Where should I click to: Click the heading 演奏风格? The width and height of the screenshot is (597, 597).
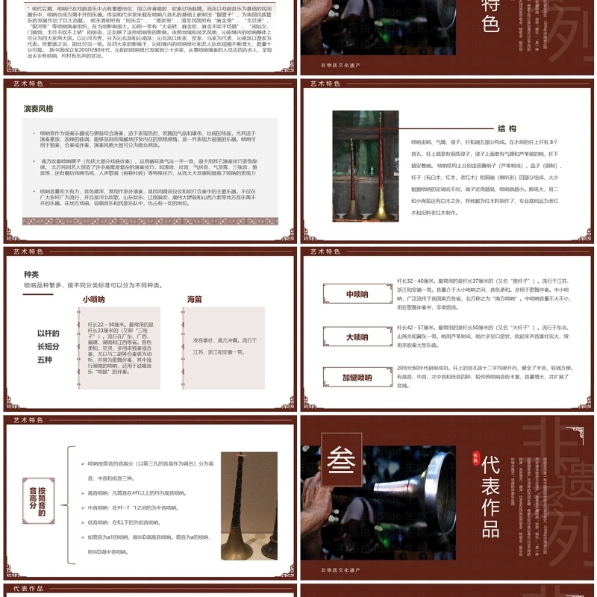click(39, 108)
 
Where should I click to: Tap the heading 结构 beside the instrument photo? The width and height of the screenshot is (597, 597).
click(507, 128)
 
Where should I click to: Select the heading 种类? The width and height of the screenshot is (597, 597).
click(31, 274)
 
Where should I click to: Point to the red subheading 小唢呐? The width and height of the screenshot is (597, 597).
click(93, 299)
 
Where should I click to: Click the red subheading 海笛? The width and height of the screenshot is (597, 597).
click(194, 299)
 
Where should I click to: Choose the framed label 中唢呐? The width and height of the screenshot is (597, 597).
click(357, 294)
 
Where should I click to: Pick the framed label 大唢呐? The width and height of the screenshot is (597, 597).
click(357, 337)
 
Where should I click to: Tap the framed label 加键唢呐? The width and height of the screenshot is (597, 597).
click(357, 378)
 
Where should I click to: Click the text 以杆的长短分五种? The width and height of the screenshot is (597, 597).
click(49, 348)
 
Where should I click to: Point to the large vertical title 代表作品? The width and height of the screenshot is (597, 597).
click(490, 496)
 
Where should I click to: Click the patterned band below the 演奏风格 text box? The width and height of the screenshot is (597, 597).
click(150, 221)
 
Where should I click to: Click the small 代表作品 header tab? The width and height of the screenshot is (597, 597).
click(30, 589)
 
